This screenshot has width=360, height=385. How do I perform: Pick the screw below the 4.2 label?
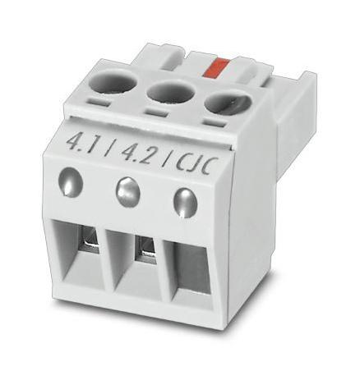pyautogui.click(x=127, y=191)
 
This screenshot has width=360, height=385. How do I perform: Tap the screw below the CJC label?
pyautogui.click(x=185, y=200)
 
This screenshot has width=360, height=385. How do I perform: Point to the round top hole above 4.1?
pyautogui.click(x=113, y=80)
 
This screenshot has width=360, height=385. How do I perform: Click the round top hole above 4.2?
pyautogui.click(x=169, y=91)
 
